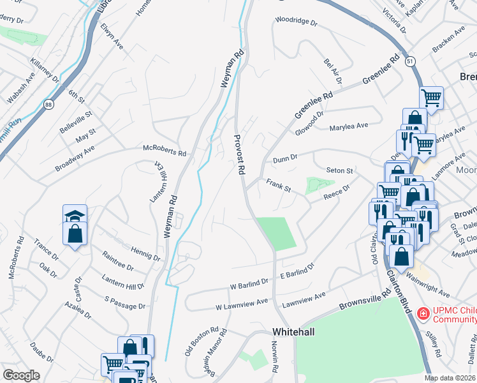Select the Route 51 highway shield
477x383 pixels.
click(409, 60)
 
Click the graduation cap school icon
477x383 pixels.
click(75, 215)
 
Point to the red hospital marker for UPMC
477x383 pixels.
click(422, 313)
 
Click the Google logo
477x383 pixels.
click(21, 375)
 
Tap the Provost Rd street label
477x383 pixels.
click(240, 155)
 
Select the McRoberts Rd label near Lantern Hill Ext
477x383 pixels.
click(165, 153)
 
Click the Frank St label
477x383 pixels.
click(278, 185)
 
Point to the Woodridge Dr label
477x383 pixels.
click(296, 21)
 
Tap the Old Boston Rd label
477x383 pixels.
click(206, 342)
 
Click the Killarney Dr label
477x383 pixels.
click(44, 70)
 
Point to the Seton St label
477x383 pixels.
click(339, 170)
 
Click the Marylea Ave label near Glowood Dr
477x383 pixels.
click(349, 127)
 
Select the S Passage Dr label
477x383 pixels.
click(125, 302)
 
